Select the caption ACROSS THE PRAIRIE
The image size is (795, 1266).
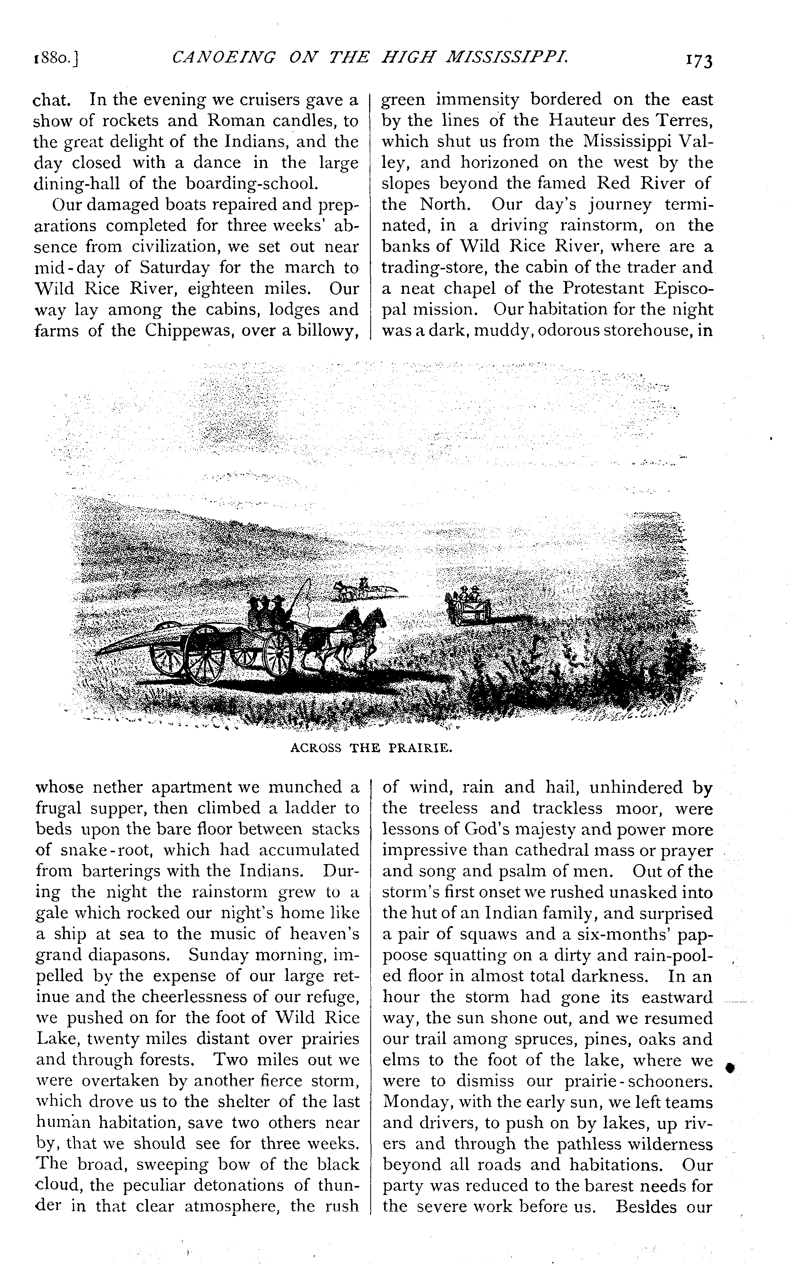371,748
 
